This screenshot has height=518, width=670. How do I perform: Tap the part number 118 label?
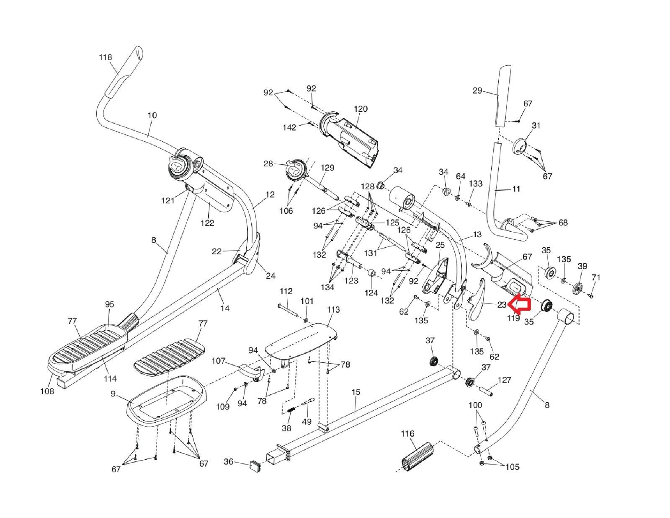(x=106, y=57)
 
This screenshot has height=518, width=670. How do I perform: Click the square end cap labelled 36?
(x=255, y=465)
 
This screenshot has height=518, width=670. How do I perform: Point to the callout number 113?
(x=333, y=310)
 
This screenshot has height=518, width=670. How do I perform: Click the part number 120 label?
(x=360, y=109)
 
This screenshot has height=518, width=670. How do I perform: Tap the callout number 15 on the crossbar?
(x=356, y=393)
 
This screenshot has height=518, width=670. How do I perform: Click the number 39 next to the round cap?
(x=582, y=266)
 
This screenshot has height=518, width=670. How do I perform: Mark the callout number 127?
(x=505, y=380)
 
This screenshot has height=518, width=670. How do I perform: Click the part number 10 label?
(x=152, y=115)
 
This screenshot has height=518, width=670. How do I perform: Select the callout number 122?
(x=207, y=223)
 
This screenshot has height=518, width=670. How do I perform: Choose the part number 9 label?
(x=113, y=394)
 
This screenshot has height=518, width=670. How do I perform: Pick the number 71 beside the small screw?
(x=596, y=277)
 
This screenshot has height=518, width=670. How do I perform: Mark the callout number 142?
(x=290, y=127)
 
